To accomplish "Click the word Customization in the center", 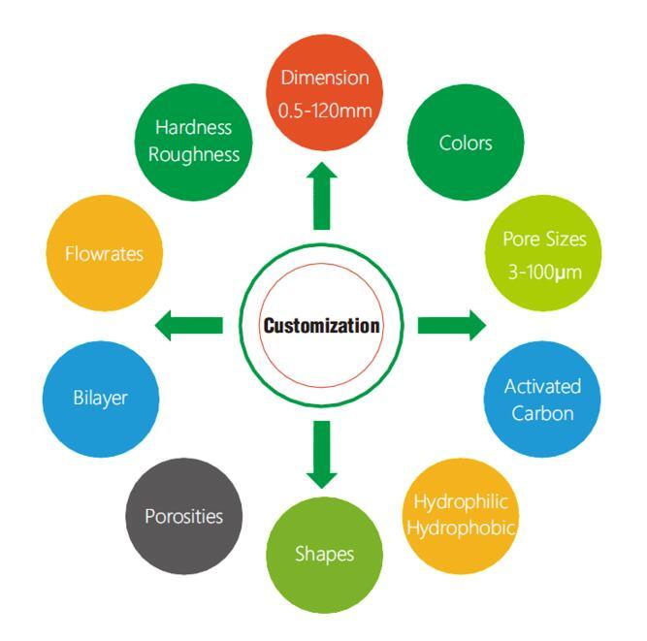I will [x=322, y=325].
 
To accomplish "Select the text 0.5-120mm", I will [x=324, y=111].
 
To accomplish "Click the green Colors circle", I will [x=465, y=144].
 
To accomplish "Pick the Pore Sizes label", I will [x=543, y=239].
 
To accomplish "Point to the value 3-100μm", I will [x=543, y=272].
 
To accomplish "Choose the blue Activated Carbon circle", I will [x=541, y=399].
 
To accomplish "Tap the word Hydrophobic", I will [x=462, y=528].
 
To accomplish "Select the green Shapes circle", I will [x=324, y=554].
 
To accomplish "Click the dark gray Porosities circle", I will [x=183, y=516].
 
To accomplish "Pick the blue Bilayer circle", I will [x=101, y=399].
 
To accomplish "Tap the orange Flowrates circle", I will [x=103, y=254].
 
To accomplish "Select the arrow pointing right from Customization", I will [x=451, y=326].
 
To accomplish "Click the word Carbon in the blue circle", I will [x=541, y=412].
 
